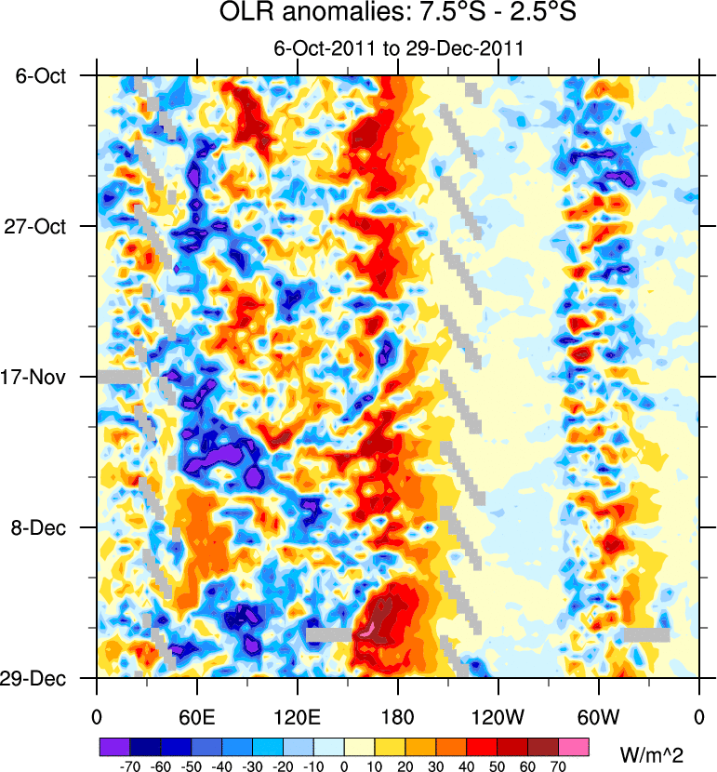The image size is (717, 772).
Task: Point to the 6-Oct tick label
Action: (x=43, y=75)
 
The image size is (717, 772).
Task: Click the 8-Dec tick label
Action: (x=43, y=527)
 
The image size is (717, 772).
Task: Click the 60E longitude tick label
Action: (x=197, y=716)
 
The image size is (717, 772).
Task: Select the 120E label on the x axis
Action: (x=298, y=716)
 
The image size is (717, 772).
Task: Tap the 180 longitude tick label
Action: (x=398, y=716)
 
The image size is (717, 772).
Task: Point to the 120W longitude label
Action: (x=498, y=716)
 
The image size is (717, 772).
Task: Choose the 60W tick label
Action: (x=598, y=716)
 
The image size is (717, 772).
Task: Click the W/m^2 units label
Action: (x=657, y=750)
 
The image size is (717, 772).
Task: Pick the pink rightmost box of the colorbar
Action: (x=575, y=746)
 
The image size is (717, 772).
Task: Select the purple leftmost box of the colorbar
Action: (x=114, y=746)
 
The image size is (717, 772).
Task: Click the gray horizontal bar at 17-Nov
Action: (x=120, y=377)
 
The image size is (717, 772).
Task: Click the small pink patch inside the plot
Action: (x=367, y=631)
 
